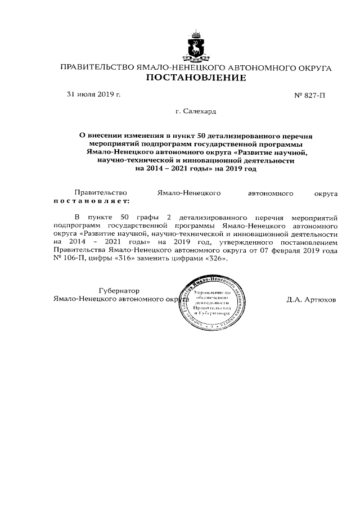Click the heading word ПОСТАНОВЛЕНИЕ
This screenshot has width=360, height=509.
pyautogui.click(x=196, y=78)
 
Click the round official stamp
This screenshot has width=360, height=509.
pyautogui.click(x=212, y=304)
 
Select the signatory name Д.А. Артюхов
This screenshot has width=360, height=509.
pyautogui.click(x=310, y=300)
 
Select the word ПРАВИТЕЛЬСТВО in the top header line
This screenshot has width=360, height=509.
pyautogui.click(x=97, y=68)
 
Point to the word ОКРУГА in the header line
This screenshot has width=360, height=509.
pyautogui.click(x=310, y=68)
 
